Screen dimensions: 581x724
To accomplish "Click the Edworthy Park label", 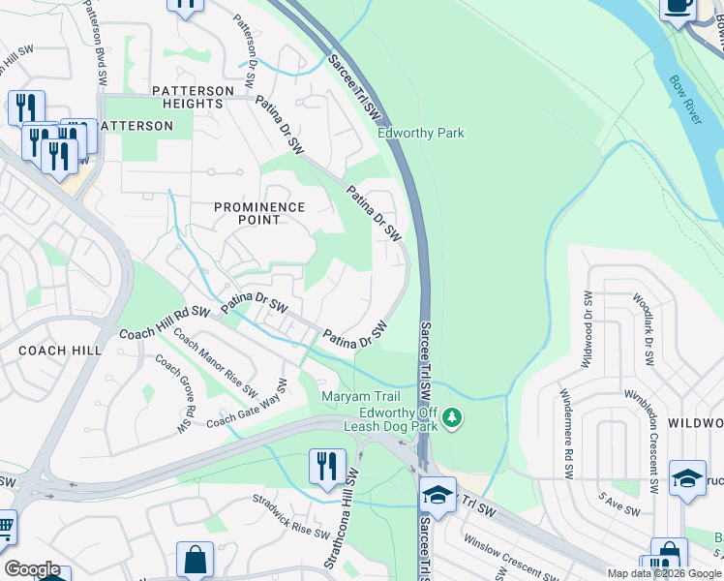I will click(421, 134).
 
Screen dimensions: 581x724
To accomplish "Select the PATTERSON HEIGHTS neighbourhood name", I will click(194, 97).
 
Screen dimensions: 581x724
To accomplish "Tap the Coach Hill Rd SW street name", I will click(165, 323).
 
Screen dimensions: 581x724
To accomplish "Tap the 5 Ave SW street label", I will click(618, 505).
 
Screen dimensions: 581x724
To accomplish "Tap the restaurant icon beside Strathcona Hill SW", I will click(327, 467).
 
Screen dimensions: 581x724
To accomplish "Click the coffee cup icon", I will click(678, 6).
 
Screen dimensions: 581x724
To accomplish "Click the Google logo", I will click(32, 568).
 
